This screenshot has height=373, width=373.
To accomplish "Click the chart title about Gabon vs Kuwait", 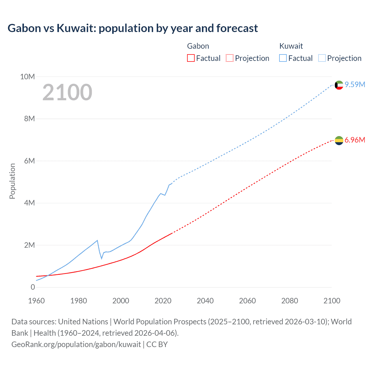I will coord(133,28).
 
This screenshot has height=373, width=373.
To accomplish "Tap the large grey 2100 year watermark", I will coord(67,92).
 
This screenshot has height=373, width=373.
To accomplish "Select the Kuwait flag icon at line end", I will coord(339,85).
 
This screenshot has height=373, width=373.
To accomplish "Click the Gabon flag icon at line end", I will coord(339,140).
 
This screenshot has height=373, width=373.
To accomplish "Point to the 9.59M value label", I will coord(355,85).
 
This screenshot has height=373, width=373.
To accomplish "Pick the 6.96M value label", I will coord(355,140).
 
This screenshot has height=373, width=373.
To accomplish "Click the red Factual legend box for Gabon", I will coord(191,58).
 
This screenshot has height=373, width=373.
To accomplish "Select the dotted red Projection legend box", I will coord(230,58).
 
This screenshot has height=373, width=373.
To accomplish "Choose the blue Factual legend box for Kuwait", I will coord(283,58).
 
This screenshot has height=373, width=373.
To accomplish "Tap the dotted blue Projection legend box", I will coord(322,58).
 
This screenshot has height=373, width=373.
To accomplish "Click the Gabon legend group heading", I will coord(198,46).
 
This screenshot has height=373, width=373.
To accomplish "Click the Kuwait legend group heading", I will coord(291,46).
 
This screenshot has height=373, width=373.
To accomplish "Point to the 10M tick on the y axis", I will coord(27,77).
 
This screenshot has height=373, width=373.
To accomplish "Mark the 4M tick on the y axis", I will coord(29,203).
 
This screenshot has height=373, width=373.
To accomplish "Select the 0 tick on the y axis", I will coord(33,287).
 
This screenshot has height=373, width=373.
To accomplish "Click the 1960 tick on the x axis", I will coord(36,301).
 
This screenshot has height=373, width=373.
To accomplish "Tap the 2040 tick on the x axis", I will coord(205,301).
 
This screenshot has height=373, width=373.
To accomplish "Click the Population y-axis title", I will coord(12,181).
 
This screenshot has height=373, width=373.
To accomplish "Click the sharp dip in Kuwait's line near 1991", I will coord(102,258).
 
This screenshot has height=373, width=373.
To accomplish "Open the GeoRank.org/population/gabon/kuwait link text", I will coord(76,344).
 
